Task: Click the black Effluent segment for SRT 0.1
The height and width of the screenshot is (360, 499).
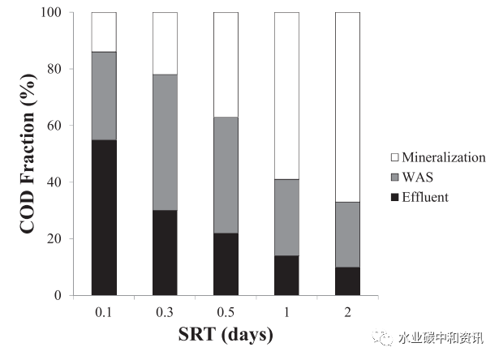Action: (104, 217)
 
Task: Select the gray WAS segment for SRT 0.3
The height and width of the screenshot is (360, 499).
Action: (165, 143)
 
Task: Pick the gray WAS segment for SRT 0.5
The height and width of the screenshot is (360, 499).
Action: (226, 175)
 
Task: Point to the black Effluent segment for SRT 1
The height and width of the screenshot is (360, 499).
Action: (286, 276)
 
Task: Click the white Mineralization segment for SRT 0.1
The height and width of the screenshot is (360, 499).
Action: (104, 32)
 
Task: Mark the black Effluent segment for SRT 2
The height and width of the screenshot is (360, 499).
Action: (347, 281)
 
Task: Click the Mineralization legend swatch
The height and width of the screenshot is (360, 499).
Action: (395, 157)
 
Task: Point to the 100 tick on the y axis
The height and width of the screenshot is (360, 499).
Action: (54, 13)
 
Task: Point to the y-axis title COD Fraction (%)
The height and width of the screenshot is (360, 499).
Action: (27, 154)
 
